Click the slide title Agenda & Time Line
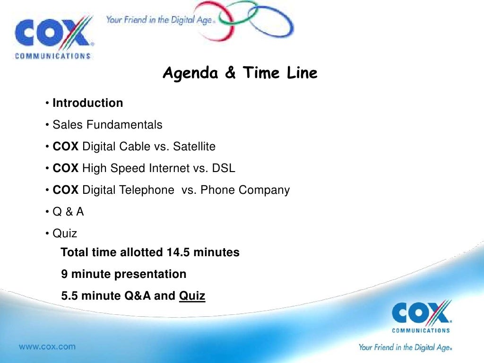(x=240, y=74)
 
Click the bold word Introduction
(x=88, y=103)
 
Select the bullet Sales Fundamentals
(x=107, y=125)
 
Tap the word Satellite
(x=194, y=147)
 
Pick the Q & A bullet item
(x=68, y=212)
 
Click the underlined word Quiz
(x=192, y=296)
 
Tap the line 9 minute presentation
(x=124, y=274)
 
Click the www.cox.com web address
(x=47, y=346)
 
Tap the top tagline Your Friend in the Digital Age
(x=161, y=20)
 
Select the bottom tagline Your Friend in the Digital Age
(x=406, y=347)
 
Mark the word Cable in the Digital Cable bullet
(x=138, y=147)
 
